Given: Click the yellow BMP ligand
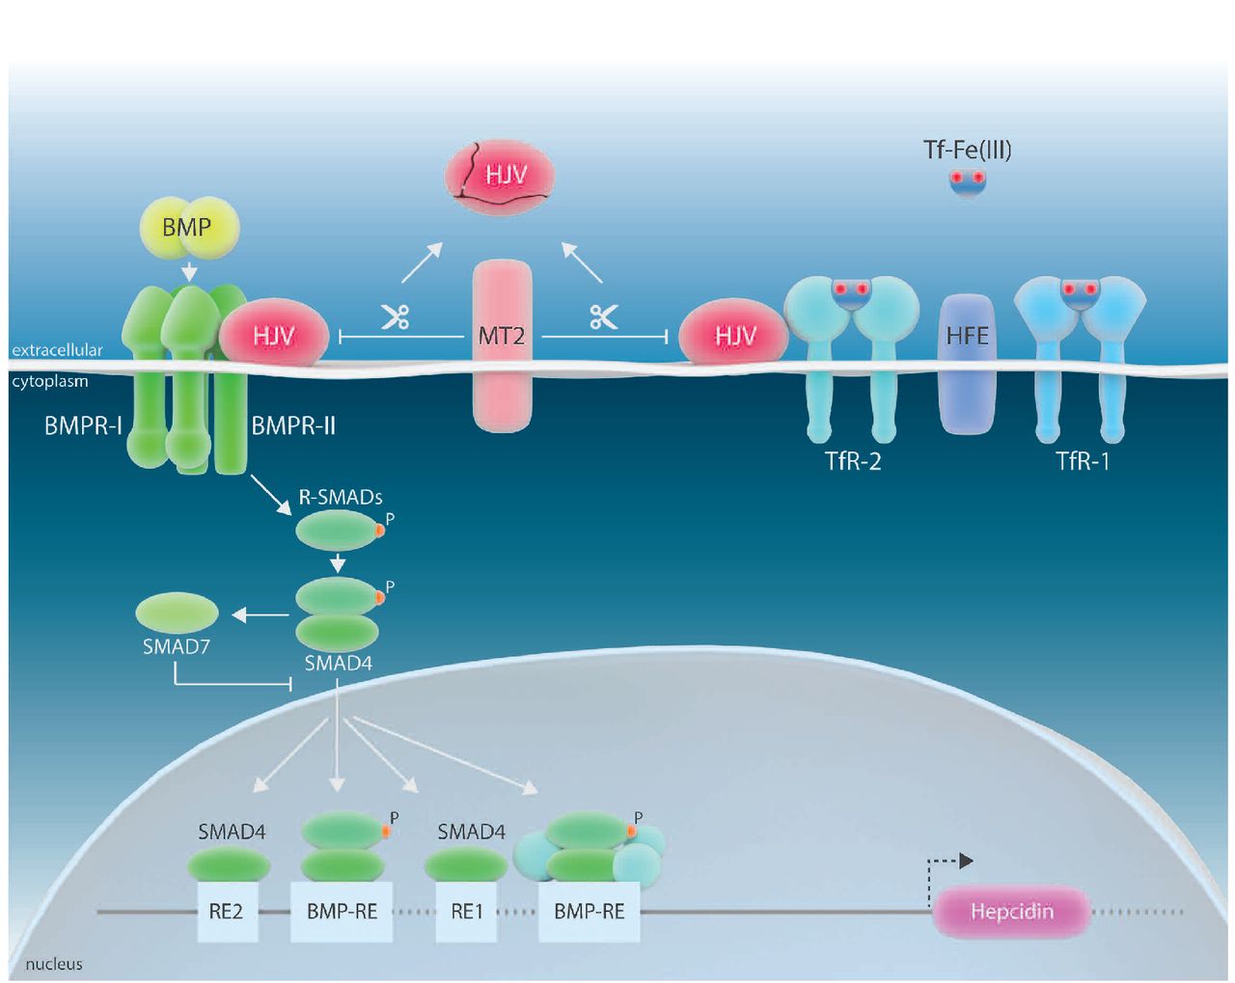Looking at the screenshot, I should click(x=186, y=229).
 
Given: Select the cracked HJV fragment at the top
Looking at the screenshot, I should click(x=499, y=177).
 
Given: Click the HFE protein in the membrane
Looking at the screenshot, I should click(x=967, y=362).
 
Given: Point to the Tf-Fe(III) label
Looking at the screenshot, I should click(x=967, y=150).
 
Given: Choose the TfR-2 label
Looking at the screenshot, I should click(x=853, y=461).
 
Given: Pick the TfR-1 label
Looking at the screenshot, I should click(x=1083, y=461).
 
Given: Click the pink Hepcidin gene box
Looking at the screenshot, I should click(x=1011, y=912).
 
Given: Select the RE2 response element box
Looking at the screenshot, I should click(x=227, y=912).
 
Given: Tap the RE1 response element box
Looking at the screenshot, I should click(x=467, y=912).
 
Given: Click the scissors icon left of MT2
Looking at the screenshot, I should click(x=395, y=317).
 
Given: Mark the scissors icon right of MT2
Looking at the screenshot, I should click(x=604, y=317).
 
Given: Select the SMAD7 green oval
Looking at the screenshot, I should click(x=178, y=614).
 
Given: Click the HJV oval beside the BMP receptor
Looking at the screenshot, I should click(x=275, y=335).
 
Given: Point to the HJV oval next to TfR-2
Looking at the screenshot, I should click(x=735, y=337).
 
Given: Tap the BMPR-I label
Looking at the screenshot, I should click(x=83, y=425).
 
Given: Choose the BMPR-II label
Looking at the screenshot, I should click(x=293, y=425).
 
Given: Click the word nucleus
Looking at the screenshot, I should click(x=54, y=964).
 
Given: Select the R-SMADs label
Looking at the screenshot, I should click(x=341, y=498).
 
